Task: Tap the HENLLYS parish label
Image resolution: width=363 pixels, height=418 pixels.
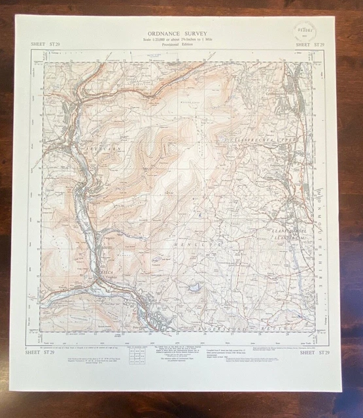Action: click(x=199, y=242)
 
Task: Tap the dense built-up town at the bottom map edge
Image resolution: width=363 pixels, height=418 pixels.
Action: click(x=160, y=321)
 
